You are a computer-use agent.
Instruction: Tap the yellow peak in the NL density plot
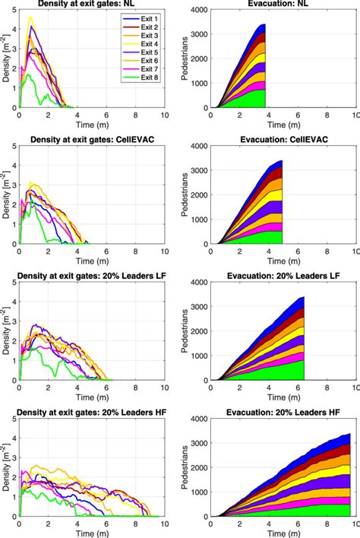coord(30,17)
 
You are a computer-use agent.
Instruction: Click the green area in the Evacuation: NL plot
coord(251,99)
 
